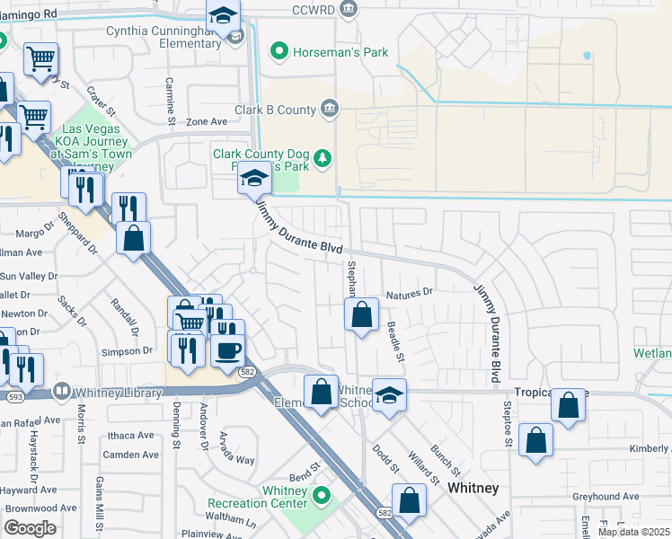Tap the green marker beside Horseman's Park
coord(279,52)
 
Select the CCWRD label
coord(314,10)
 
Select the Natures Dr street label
coord(409,293)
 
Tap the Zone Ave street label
coord(207,121)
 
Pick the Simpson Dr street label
coord(124,351)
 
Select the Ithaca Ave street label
coord(131,435)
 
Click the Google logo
coord(30,528)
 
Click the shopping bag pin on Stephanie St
coord(361,314)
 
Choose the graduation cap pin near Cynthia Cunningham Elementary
coord(223,16)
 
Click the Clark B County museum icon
coord(330,110)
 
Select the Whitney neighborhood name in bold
coord(473,488)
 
